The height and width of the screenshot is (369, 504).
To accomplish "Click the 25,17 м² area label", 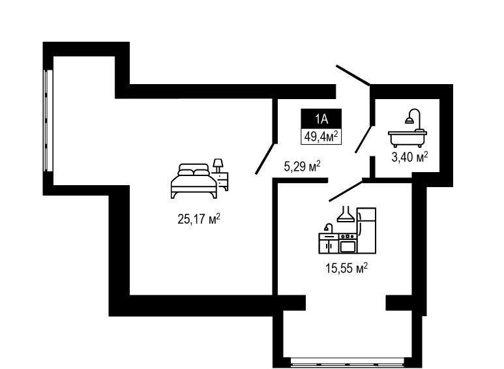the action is [199, 219].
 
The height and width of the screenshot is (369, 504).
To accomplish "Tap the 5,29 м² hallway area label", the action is [302, 166].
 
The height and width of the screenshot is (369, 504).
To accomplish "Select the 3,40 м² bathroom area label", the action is [409, 157].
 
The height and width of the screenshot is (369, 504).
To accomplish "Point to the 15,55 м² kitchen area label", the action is [346, 268].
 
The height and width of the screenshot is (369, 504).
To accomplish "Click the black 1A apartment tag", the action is [321, 118].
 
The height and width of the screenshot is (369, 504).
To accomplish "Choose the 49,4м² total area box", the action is [321, 136].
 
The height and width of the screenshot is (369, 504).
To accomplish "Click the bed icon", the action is [194, 181].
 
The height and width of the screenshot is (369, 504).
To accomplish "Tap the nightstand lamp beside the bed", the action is [218, 166].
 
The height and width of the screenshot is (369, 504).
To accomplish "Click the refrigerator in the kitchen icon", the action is [366, 231].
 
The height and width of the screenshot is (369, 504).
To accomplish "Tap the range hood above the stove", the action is [346, 214].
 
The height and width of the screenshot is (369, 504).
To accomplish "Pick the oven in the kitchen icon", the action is [348, 243].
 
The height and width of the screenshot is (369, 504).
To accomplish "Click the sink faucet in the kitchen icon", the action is [328, 228].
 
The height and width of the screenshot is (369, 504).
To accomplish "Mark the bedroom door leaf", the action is [265, 159].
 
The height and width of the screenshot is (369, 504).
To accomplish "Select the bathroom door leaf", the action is [363, 139].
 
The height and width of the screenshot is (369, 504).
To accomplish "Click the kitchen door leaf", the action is [346, 191].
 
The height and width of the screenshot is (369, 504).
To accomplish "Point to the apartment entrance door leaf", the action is [353, 75].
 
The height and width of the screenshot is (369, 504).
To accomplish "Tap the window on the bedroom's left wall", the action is [48, 121].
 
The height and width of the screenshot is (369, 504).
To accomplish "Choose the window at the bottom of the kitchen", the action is [348, 364].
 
